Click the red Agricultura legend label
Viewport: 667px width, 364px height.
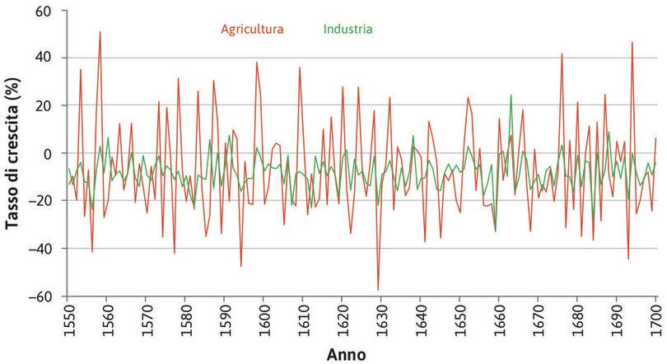coord(251,29)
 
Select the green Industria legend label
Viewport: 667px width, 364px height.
coord(347,29)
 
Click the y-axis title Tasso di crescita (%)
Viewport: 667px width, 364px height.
coord(12,154)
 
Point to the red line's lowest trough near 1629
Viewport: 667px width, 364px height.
coord(378,290)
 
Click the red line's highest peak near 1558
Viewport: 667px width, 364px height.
coord(100,32)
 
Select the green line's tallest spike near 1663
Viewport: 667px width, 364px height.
coord(511,95)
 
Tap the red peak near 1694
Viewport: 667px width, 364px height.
coord(632,43)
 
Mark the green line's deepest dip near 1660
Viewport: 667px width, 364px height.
coord(496,231)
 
